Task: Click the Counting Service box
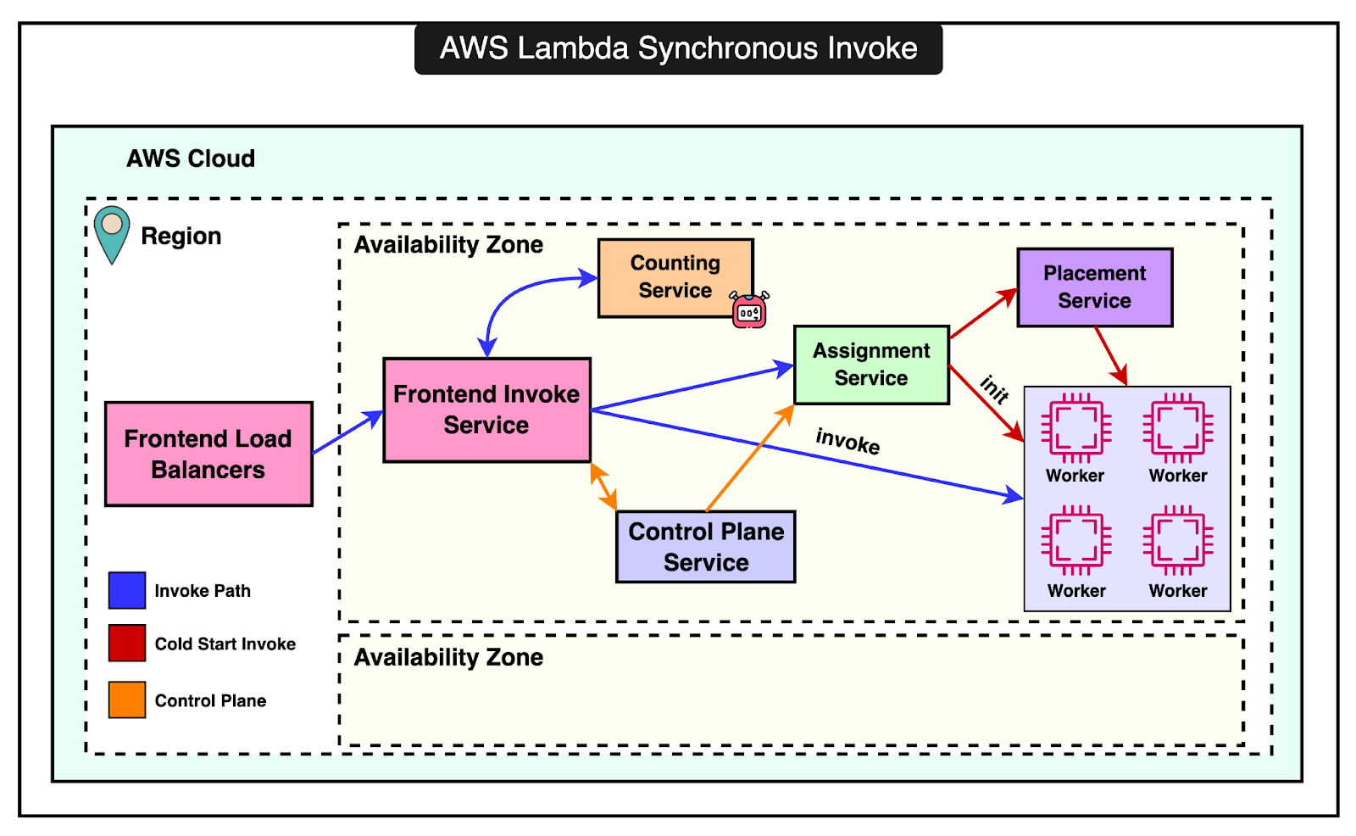[x=675, y=277]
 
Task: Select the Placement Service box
[x=1094, y=287]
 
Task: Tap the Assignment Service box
[x=871, y=365]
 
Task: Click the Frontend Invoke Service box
[x=486, y=410]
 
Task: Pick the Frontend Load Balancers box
[x=208, y=454]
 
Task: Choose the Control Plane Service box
[x=705, y=547]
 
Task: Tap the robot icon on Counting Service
[x=749, y=311]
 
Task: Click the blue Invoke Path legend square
[x=127, y=590]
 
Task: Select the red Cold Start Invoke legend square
[x=127, y=643]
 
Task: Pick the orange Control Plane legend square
[x=127, y=699]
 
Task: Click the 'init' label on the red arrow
[x=994, y=389]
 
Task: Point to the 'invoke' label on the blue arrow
[x=847, y=441]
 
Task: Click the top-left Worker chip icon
[x=1075, y=427]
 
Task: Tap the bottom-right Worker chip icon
[x=1177, y=541]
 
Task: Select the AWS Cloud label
[x=191, y=159]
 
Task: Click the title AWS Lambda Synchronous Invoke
[x=678, y=48]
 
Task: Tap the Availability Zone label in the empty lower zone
[x=448, y=657]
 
